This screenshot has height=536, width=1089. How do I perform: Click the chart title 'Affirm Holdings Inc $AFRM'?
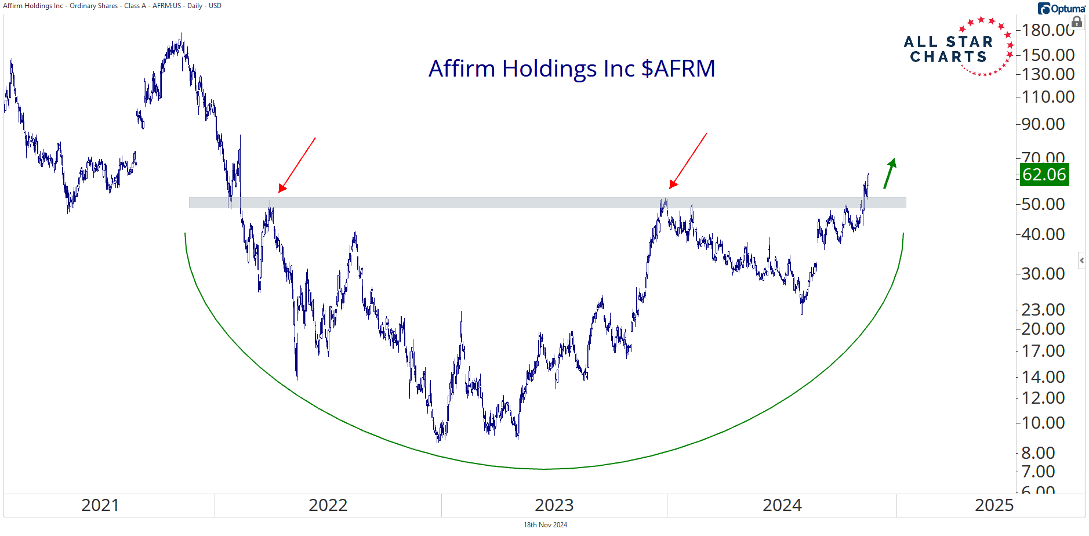(572, 68)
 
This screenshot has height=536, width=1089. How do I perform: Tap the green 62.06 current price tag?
(1044, 175)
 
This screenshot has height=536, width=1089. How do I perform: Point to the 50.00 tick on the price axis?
(1043, 204)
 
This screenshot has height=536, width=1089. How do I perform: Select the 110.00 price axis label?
(1048, 97)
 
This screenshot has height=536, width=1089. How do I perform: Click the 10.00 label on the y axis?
(1043, 423)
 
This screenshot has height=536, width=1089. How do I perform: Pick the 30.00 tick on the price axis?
(1043, 274)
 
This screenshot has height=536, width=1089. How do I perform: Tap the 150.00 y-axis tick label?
(1048, 55)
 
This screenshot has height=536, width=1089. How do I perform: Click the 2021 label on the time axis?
(100, 505)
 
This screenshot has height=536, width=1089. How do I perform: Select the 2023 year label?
(554, 505)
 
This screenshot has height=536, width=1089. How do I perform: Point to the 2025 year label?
(994, 505)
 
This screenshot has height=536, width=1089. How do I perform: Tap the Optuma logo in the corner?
(1061, 9)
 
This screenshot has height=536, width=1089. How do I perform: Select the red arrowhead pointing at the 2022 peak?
(282, 188)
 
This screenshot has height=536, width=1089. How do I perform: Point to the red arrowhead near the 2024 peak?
(673, 184)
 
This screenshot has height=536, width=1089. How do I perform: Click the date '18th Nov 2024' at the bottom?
(545, 525)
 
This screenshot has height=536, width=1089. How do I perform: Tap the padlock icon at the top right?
(1077, 23)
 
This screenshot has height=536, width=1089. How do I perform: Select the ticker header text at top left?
(112, 6)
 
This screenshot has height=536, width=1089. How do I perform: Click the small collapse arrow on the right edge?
(1081, 260)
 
